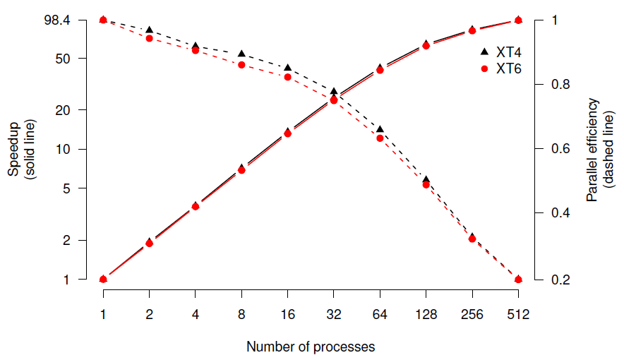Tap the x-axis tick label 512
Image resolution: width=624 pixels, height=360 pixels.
click(518, 315)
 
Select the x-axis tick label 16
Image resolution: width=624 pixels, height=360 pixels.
click(287, 315)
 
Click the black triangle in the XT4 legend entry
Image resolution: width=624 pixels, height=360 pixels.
click(484, 52)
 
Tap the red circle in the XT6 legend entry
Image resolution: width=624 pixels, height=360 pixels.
click(484, 69)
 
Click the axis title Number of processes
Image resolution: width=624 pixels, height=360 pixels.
click(311, 347)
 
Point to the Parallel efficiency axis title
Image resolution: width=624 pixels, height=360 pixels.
click(592, 149)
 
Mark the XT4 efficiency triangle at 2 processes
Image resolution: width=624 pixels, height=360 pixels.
click(149, 30)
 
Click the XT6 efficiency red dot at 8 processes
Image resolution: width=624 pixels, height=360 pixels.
click(241, 65)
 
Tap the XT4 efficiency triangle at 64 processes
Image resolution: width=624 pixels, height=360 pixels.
click(380, 129)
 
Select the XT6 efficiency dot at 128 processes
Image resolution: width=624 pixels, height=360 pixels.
click(426, 185)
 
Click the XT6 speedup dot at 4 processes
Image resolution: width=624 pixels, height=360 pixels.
click(196, 206)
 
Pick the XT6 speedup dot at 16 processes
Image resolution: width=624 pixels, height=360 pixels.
click(287, 133)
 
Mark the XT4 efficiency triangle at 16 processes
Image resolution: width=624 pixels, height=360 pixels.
click(287, 68)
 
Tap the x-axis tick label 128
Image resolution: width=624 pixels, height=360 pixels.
click(426, 315)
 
